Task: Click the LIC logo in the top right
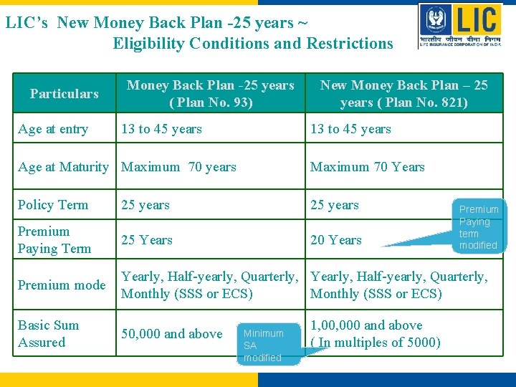point(461,27)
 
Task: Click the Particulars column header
point(64,94)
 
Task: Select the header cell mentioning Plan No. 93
point(210,94)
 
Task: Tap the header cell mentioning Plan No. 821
point(403,94)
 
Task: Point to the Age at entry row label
point(53,130)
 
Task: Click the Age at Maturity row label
point(63,167)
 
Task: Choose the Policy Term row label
point(53,205)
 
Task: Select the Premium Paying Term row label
point(54,240)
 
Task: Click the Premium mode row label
point(62,285)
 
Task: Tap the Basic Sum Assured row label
point(48,334)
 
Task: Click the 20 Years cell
point(335,240)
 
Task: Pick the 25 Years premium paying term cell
point(147,240)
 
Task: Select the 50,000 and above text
point(171,334)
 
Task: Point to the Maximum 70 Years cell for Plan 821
point(367,167)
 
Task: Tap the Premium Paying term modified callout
point(478,227)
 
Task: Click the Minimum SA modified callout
point(263,345)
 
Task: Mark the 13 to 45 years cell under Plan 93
point(161,130)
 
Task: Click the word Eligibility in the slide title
point(153,44)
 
